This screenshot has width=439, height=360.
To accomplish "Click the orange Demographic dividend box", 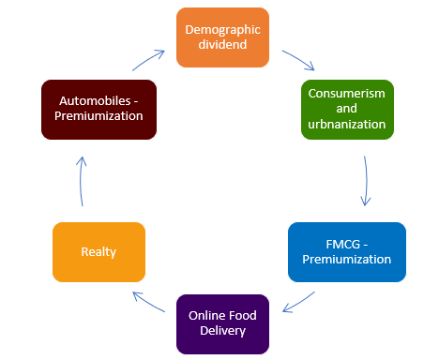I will (x=222, y=37).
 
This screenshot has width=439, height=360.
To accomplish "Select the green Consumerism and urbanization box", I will (x=347, y=109).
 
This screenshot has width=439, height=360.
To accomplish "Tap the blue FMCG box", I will (x=347, y=251).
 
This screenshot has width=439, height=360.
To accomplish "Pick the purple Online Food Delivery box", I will (x=223, y=323).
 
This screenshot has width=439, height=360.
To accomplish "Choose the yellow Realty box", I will (x=98, y=251).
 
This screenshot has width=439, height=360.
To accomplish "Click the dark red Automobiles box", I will (x=98, y=109).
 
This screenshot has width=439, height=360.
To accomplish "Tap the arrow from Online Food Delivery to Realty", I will (x=151, y=302).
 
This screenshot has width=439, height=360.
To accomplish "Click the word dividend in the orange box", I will (x=222, y=46).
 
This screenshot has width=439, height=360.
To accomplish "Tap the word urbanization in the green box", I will (x=347, y=125).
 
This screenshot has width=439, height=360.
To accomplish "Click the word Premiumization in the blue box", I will (x=347, y=260).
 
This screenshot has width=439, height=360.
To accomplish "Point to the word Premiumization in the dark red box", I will (x=98, y=117).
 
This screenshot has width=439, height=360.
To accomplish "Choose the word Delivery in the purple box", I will (x=223, y=332).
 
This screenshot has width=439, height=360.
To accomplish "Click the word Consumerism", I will (x=347, y=93).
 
